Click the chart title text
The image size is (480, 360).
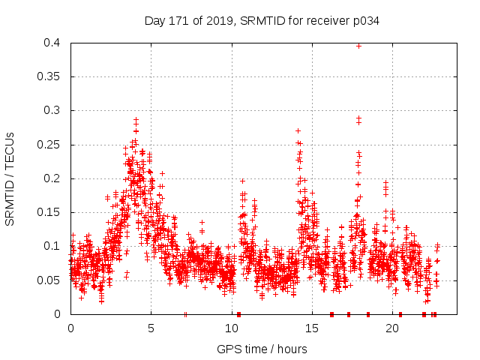pos(262,21)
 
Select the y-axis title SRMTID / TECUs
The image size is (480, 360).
pos(10,178)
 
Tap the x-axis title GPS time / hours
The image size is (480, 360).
pos(262,349)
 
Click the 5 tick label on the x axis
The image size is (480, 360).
pos(151,328)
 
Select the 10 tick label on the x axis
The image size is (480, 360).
pos(232,328)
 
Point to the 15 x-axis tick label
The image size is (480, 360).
pos(312,328)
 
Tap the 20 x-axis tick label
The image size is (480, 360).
pos(392,328)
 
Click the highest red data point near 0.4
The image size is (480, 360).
pos(358,46)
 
